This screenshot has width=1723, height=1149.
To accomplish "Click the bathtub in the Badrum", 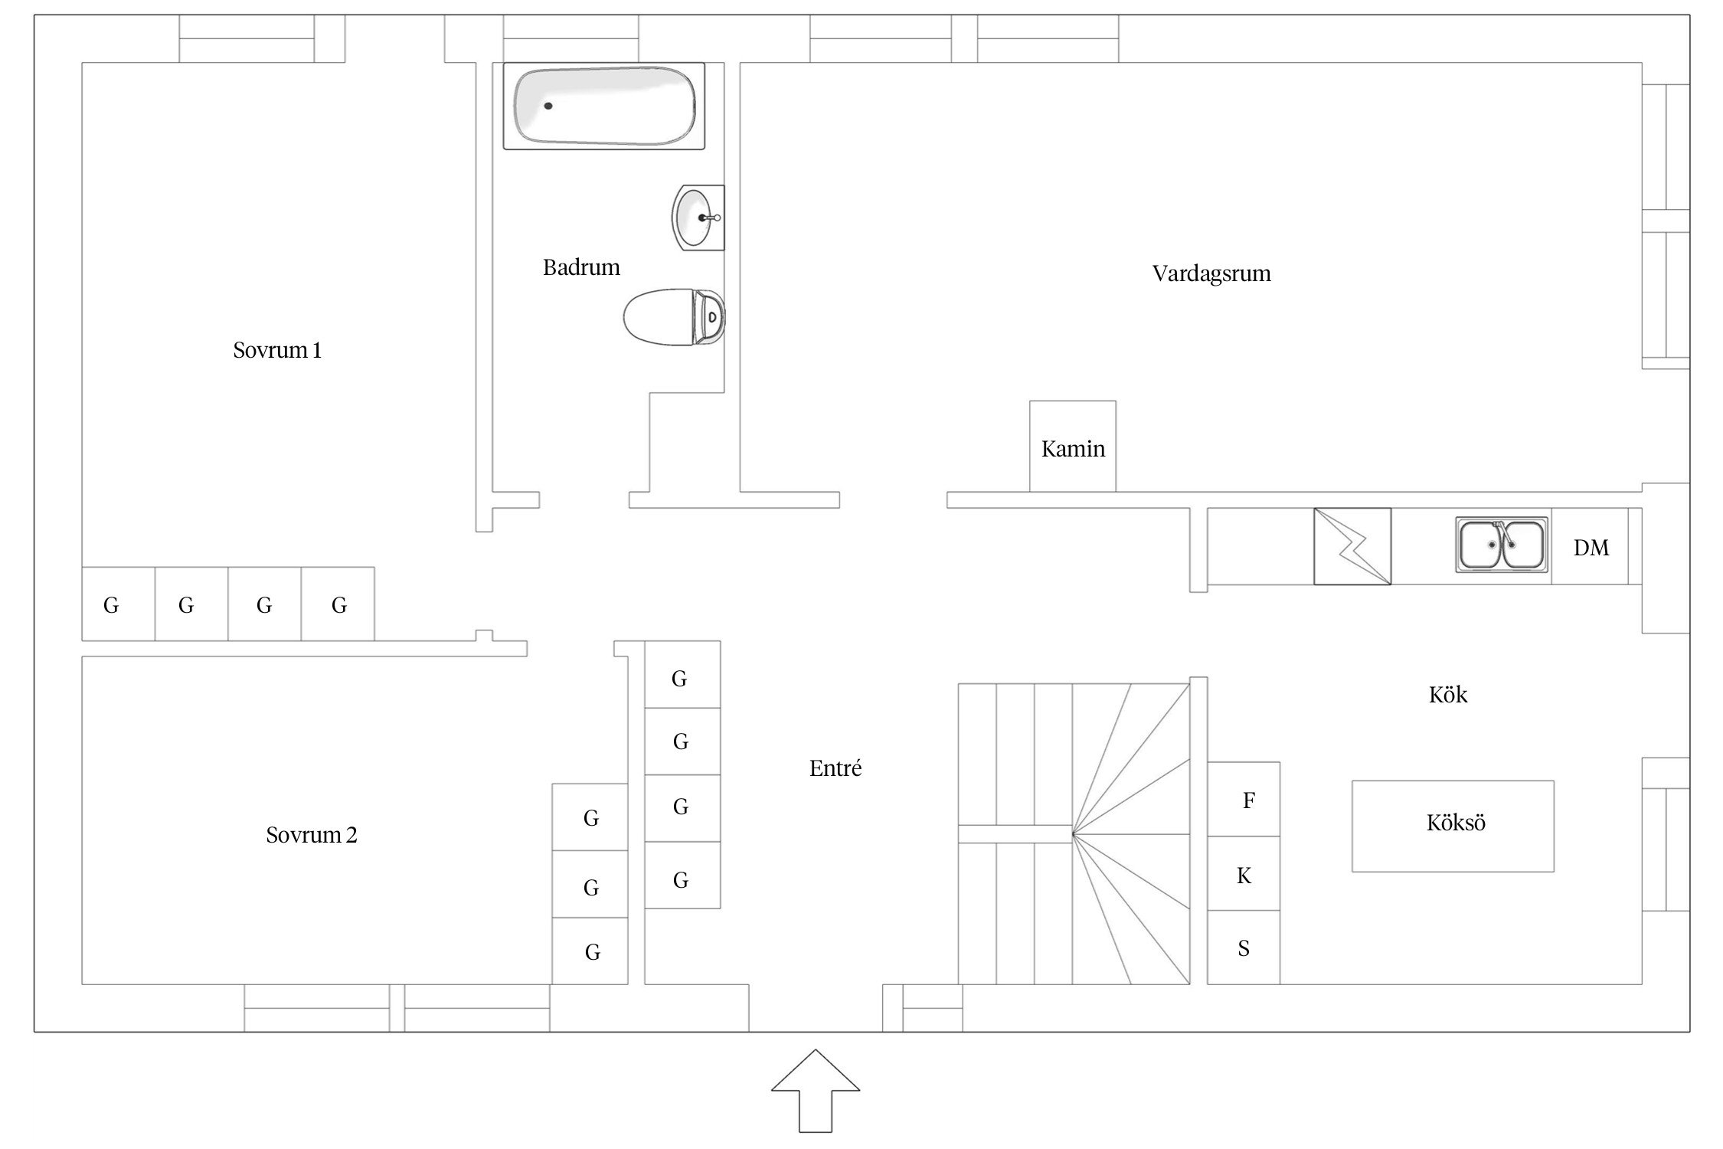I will point(603,106).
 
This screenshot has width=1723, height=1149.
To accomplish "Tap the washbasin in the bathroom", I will point(695,218).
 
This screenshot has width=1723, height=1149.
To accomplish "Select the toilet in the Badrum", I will point(672,316).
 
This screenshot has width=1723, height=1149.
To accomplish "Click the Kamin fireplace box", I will point(1072,447).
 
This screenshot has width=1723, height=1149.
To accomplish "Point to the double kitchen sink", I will point(1501,545).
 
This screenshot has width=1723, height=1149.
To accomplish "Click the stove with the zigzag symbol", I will point(1352,546).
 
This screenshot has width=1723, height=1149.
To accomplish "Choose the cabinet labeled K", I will point(1244,874).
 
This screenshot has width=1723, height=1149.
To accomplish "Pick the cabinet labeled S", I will point(1244,948).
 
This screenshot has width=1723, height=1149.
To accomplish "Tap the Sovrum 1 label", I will point(277,350).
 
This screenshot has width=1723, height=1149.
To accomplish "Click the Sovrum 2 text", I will point(312,835).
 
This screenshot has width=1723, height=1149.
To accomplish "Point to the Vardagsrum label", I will point(1211,273).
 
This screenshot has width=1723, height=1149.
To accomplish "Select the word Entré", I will point(835,768).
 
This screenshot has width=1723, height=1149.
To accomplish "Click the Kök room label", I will point(1448,695).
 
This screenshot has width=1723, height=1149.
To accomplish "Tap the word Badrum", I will point(581,267).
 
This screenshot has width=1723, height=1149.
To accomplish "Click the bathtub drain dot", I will point(548,106).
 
